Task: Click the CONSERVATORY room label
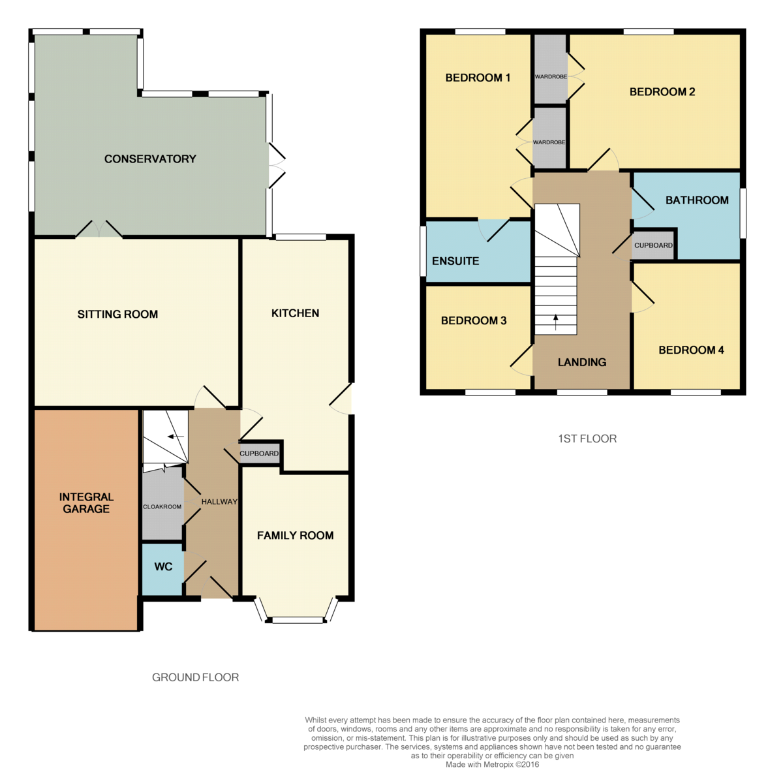click(150, 159)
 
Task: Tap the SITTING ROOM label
click(117, 314)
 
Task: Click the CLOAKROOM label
click(162, 506)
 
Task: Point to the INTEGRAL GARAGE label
click(86, 503)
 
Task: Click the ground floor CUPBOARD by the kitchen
click(259, 454)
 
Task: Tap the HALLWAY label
click(219, 502)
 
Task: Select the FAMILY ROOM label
click(296, 535)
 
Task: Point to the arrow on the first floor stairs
click(555, 322)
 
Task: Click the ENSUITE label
click(455, 261)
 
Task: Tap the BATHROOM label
click(697, 200)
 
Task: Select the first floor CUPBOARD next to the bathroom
click(653, 245)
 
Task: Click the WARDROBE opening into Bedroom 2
click(551, 69)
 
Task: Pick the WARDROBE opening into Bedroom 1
click(549, 138)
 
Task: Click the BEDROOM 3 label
click(474, 321)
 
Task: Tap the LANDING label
click(582, 362)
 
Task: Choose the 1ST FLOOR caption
click(587, 439)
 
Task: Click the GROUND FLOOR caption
click(196, 677)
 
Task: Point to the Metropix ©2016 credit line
click(493, 764)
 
